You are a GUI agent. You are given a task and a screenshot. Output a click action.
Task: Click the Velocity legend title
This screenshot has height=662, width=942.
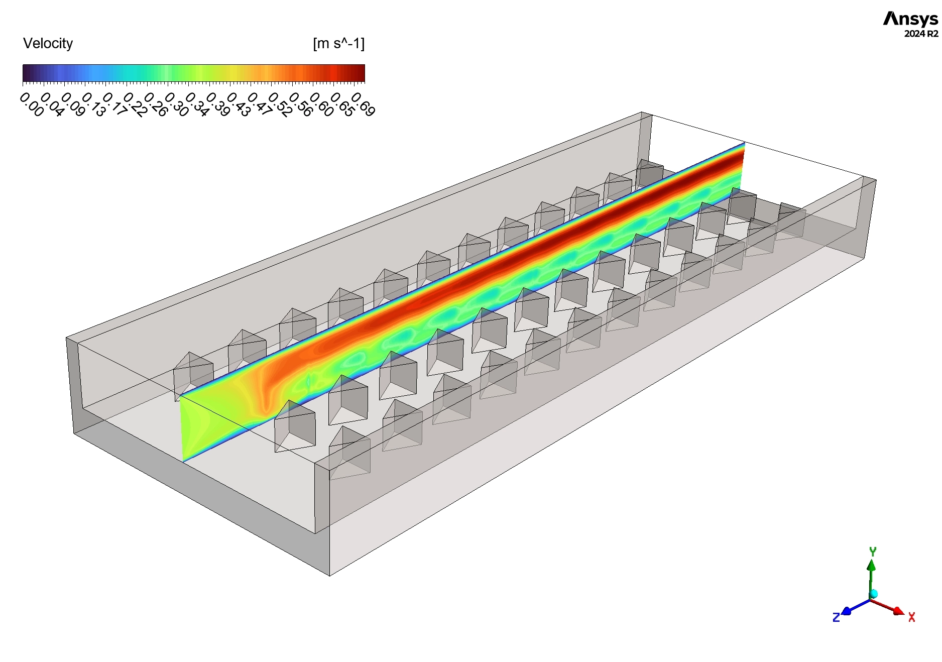click(x=48, y=44)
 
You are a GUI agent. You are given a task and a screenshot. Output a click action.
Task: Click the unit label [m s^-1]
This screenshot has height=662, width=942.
click(x=338, y=44)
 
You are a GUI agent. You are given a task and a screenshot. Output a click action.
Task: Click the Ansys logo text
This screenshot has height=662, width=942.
click(x=910, y=19)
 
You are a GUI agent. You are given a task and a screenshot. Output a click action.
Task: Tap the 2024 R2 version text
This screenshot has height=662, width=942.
click(x=921, y=34)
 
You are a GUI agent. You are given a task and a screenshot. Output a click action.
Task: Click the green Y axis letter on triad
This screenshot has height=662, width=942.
click(x=873, y=551)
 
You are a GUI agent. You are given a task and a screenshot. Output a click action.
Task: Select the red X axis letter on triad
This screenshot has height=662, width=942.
click(x=912, y=617)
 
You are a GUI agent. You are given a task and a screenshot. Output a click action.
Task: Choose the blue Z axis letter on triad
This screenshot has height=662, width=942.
click(x=836, y=617)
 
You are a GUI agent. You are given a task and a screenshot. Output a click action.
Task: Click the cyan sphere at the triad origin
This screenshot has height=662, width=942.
click(x=873, y=594)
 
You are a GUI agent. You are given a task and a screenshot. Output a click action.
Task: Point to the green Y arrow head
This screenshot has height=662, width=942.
click(x=872, y=565)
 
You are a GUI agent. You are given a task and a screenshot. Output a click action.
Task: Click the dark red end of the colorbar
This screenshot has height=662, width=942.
click(x=359, y=73)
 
